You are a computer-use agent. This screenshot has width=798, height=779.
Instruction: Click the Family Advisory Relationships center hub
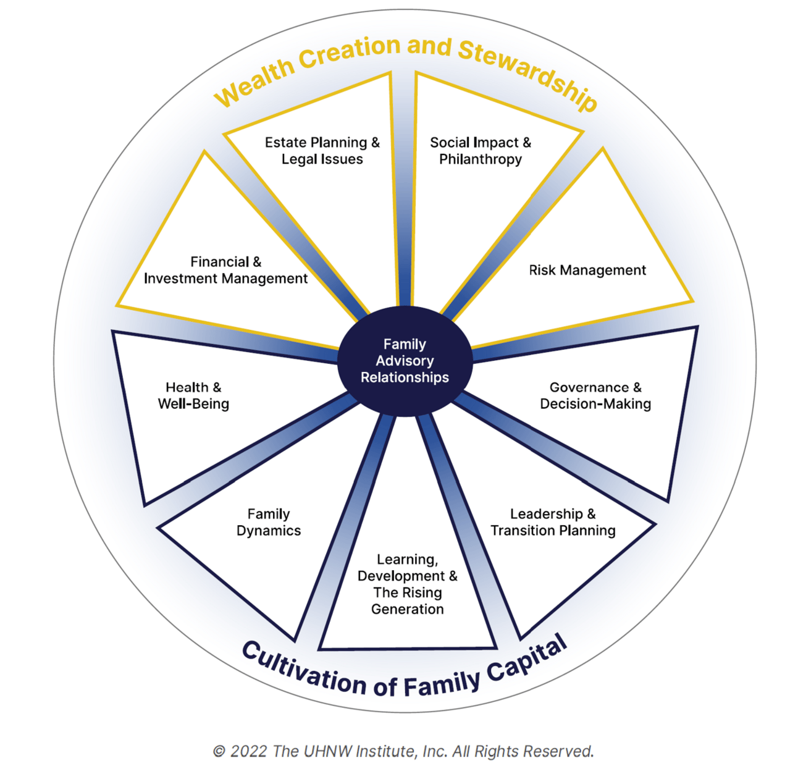[405, 361]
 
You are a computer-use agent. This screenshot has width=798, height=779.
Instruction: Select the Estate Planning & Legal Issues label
[322, 151]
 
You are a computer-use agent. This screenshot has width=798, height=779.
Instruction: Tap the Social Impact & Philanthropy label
[481, 151]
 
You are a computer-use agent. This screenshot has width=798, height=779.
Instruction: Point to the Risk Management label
[587, 270]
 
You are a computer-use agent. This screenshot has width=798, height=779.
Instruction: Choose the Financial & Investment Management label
[225, 270]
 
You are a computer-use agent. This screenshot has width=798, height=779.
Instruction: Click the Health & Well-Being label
[193, 395]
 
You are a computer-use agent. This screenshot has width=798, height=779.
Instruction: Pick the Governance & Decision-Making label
[595, 395]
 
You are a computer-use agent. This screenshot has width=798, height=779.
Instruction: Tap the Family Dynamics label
[269, 522]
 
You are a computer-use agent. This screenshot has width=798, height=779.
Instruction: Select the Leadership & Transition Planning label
[553, 522]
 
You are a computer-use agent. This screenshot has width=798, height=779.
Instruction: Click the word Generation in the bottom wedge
[408, 608]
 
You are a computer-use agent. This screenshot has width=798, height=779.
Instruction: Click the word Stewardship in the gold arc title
[527, 74]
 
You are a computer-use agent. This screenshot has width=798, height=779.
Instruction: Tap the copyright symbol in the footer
[219, 752]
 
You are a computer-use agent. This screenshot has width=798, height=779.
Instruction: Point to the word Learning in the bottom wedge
[408, 560]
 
